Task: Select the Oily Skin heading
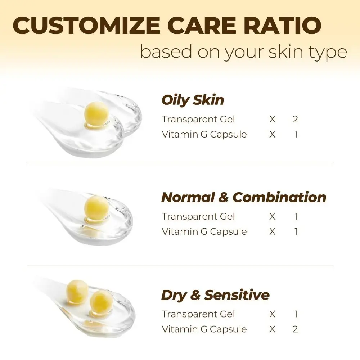(x=193, y=100)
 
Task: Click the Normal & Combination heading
(x=244, y=197)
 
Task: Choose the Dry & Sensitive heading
(x=215, y=295)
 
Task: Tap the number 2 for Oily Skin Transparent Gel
(x=295, y=119)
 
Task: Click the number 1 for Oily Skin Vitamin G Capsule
(x=296, y=134)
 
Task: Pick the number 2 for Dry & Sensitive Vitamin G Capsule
(x=295, y=329)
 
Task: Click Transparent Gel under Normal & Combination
(x=198, y=216)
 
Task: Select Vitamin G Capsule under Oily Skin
(x=204, y=134)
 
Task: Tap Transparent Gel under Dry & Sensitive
(x=198, y=314)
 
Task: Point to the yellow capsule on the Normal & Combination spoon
(x=96, y=208)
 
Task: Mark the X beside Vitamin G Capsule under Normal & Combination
(x=272, y=231)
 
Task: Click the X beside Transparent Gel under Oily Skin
(x=272, y=119)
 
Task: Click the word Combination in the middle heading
(x=279, y=197)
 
